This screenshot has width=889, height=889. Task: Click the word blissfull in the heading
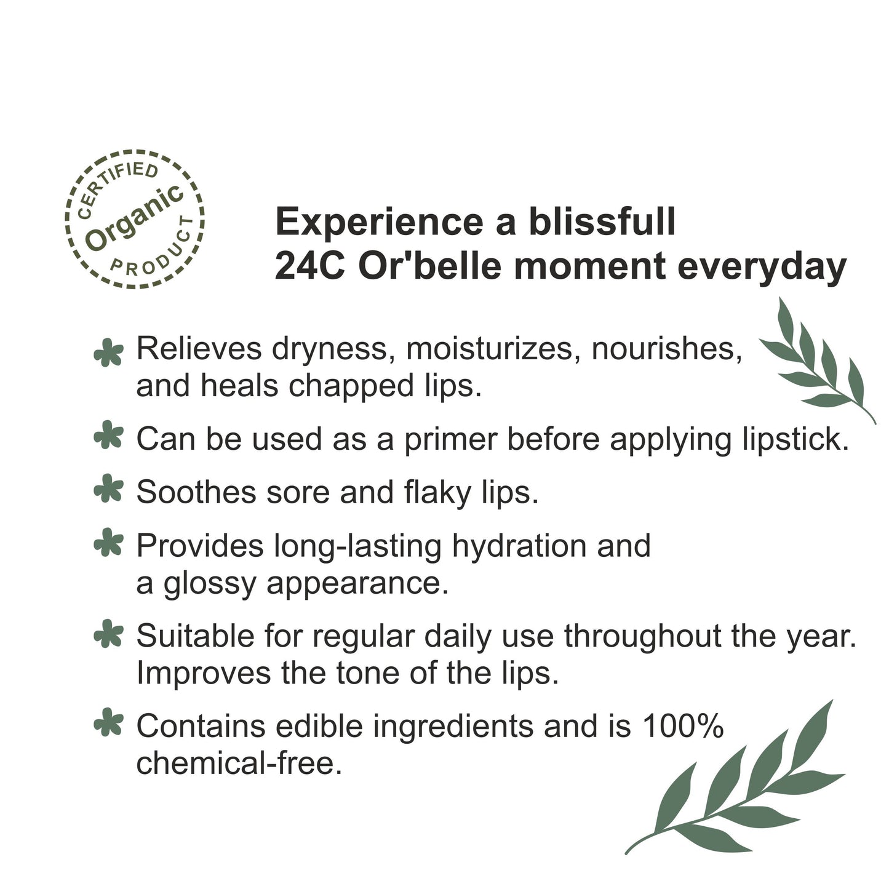tap(602, 222)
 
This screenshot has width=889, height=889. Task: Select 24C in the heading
tap(309, 267)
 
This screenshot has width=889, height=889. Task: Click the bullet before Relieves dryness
tap(109, 353)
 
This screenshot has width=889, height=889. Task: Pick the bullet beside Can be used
tap(109, 434)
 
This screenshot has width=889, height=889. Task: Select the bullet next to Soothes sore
tap(109, 488)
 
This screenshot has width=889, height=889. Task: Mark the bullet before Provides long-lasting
tap(109, 543)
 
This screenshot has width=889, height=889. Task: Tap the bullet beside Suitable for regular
tap(109, 634)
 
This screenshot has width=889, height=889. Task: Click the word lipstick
tap(796, 440)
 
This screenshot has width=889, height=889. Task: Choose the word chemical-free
tap(239, 763)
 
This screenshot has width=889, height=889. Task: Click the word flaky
tap(437, 493)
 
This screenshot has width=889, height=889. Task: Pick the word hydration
tap(519, 546)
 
